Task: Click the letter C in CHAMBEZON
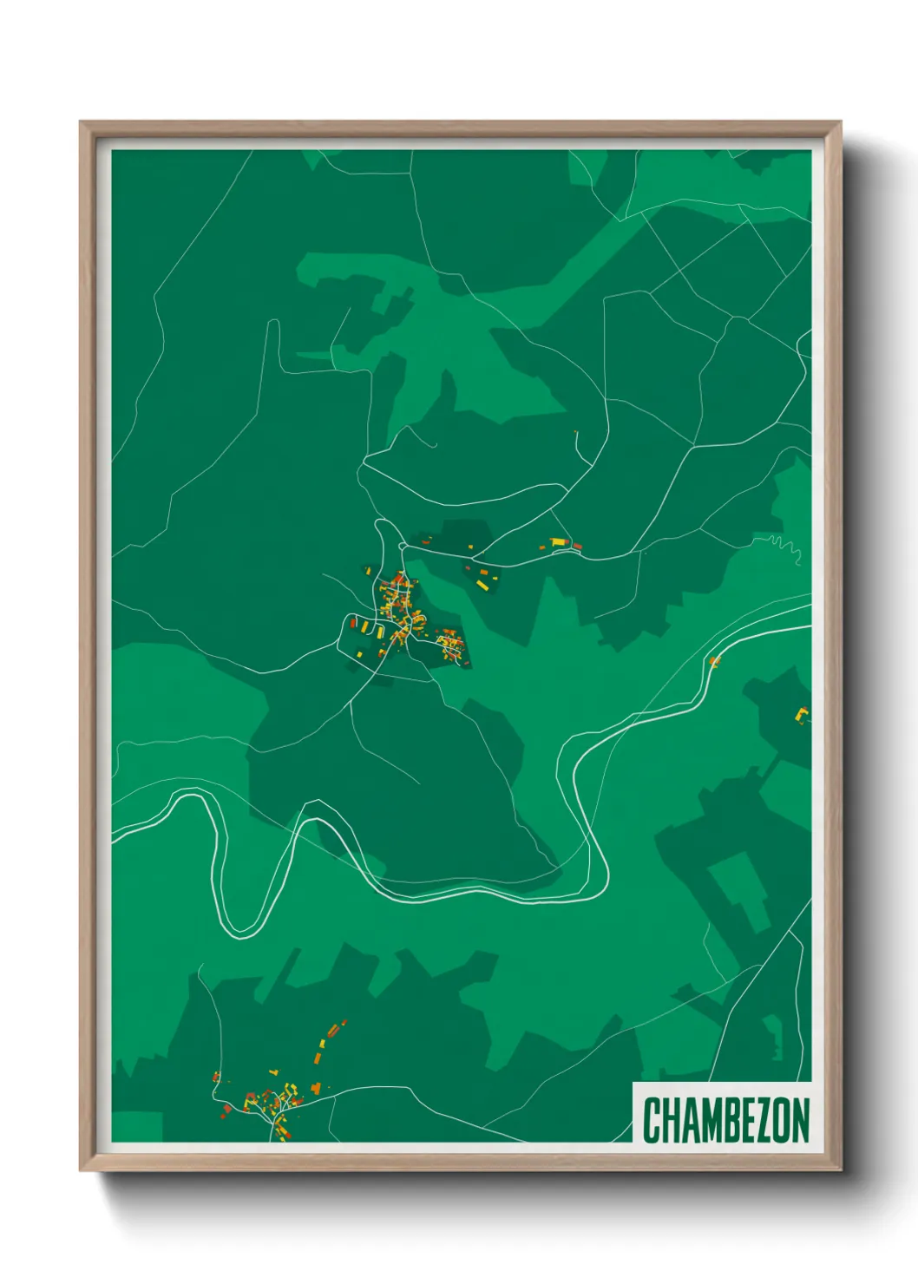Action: [x=651, y=1120]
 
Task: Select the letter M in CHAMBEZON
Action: [x=699, y=1120]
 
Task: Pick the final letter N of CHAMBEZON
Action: [x=800, y=1120]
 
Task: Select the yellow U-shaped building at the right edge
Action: [x=803, y=716]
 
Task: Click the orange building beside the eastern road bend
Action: [x=714, y=662]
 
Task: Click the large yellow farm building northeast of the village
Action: [x=558, y=543]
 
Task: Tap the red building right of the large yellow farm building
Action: [x=577, y=547]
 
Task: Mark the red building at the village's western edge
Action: [x=353, y=623]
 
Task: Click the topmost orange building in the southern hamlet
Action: [x=343, y=1024]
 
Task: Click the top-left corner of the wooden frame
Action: [x=81, y=122]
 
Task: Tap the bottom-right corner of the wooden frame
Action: [x=840, y=1170]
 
